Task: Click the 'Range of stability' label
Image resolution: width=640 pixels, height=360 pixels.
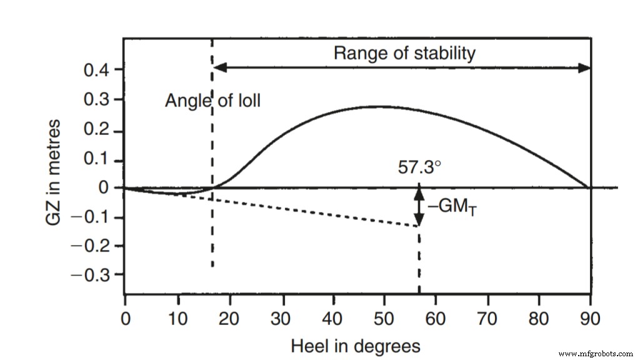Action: [404, 53]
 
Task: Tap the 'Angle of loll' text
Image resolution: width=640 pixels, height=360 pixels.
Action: [212, 101]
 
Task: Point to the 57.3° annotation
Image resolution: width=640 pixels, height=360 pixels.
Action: [419, 168]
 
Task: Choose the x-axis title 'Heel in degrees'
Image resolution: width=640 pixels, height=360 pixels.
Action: [355, 345]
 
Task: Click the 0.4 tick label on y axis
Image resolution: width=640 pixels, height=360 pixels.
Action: [97, 69]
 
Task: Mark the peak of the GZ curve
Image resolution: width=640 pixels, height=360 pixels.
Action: [381, 107]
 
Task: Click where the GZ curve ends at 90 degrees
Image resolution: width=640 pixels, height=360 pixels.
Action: [587, 187]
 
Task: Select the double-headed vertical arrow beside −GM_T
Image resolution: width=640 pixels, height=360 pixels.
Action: [419, 204]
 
